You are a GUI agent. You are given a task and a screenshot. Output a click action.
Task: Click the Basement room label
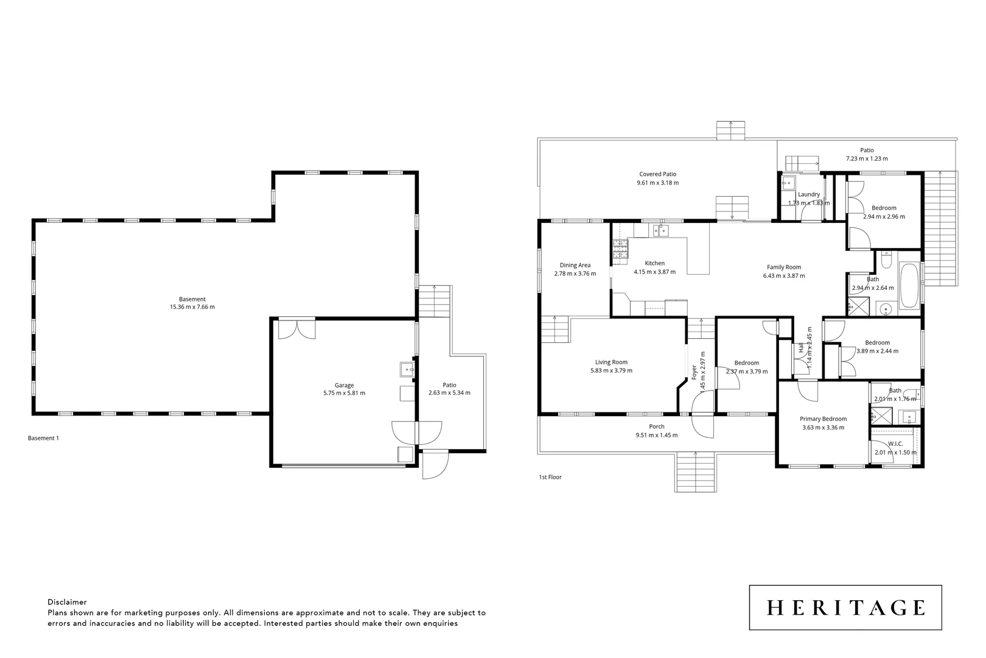tap(192, 299)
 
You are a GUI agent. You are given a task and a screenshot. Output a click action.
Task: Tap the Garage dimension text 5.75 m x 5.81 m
tap(344, 393)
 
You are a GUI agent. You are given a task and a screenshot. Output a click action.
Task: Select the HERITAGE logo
tap(845, 607)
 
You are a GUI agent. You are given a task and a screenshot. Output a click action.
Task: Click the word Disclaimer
tap(67, 602)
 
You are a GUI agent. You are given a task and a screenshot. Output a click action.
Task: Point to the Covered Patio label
tap(657, 174)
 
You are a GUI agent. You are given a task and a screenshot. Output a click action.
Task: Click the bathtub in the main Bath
tap(909, 285)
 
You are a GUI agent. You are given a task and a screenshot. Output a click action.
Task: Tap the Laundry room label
tap(808, 194)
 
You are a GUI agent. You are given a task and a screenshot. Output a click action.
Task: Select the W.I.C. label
tap(895, 444)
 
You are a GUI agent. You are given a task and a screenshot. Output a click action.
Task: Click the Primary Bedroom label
tap(823, 419)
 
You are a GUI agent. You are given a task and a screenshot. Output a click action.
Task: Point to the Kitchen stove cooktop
tap(620, 250)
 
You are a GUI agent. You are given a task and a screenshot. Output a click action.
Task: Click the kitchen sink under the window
tap(660, 230)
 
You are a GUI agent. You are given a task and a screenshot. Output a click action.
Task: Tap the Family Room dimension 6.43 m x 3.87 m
tap(784, 275)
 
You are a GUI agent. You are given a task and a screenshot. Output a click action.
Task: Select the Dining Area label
tap(575, 265)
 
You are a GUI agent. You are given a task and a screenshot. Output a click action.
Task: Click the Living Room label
tap(611, 362)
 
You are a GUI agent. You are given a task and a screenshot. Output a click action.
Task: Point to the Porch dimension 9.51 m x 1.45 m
tap(657, 435)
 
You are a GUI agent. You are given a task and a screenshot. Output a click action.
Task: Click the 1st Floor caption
tap(550, 477)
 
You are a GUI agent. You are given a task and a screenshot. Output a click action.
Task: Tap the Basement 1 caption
tap(43, 438)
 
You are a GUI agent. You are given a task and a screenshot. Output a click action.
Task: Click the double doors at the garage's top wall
tap(296, 328)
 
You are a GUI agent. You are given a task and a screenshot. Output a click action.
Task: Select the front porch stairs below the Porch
tap(695, 472)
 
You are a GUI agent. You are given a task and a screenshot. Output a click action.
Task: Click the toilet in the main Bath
tap(886, 262)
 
